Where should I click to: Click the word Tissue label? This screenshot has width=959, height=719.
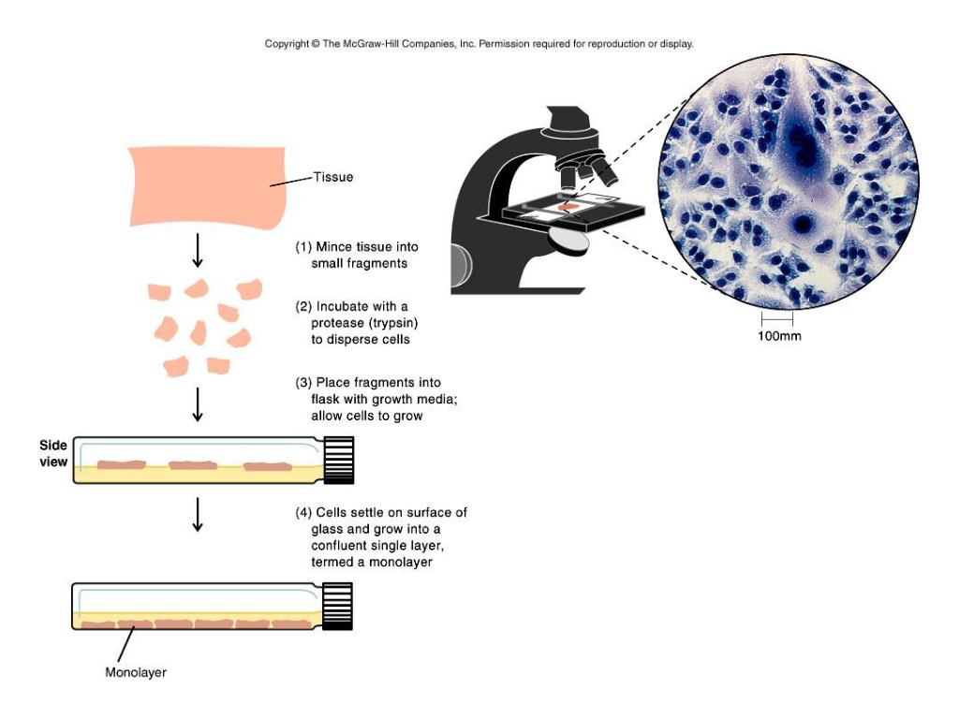[x=334, y=177]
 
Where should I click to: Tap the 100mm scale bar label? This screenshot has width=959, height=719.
[x=779, y=335]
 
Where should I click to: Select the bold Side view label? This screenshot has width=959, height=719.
[x=52, y=454]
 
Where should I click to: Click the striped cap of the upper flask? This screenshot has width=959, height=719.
[x=337, y=459]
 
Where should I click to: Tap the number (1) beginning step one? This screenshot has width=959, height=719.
[x=302, y=247]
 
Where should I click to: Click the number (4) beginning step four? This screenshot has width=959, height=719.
[x=302, y=512]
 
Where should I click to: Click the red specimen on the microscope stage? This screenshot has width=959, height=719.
[x=568, y=205]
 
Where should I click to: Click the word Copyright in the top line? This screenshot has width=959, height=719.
[x=287, y=43]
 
